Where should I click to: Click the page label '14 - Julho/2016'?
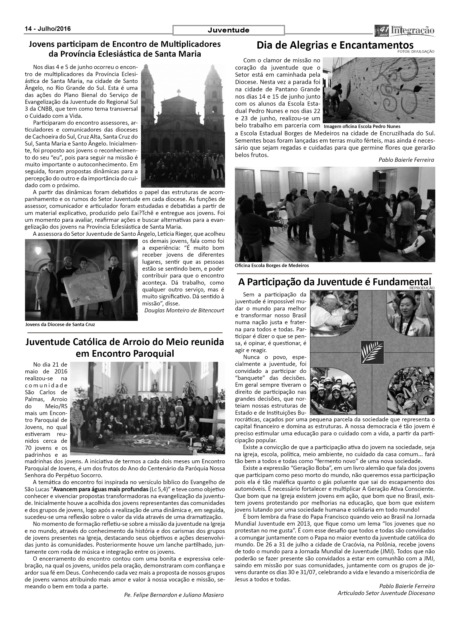[48, 29]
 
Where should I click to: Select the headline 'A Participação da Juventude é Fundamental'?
[334, 282]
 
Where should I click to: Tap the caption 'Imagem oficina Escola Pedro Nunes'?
[362, 126]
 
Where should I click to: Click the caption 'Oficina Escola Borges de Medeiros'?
[272, 265]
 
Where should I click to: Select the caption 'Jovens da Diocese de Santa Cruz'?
[60, 324]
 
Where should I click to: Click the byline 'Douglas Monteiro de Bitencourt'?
[184, 310]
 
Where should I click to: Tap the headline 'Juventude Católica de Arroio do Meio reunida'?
[125, 342]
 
